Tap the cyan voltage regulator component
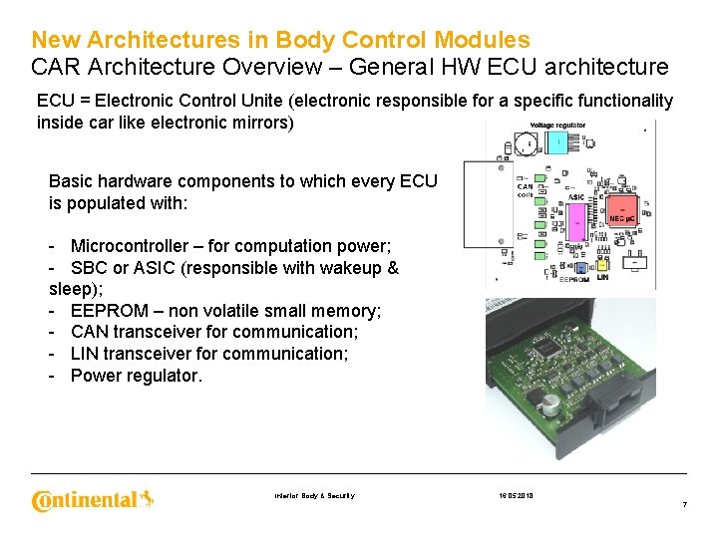click(558, 143)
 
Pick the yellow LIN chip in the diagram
click(602, 266)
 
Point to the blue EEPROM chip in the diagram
click(580, 267)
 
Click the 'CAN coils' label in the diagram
click(525, 190)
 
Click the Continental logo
click(93, 499)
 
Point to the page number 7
click(684, 505)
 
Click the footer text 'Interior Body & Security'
click(314, 496)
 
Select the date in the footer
click(517, 495)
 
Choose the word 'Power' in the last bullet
click(95, 376)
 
